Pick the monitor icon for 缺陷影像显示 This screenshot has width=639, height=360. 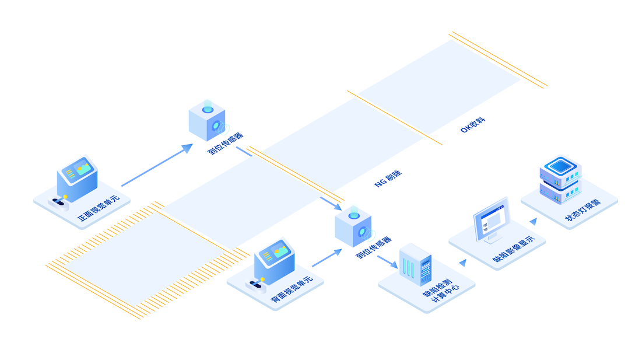[x=491, y=219]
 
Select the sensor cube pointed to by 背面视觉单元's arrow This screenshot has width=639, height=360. [x=353, y=225]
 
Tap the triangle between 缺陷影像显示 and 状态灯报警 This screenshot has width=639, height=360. [x=533, y=222]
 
